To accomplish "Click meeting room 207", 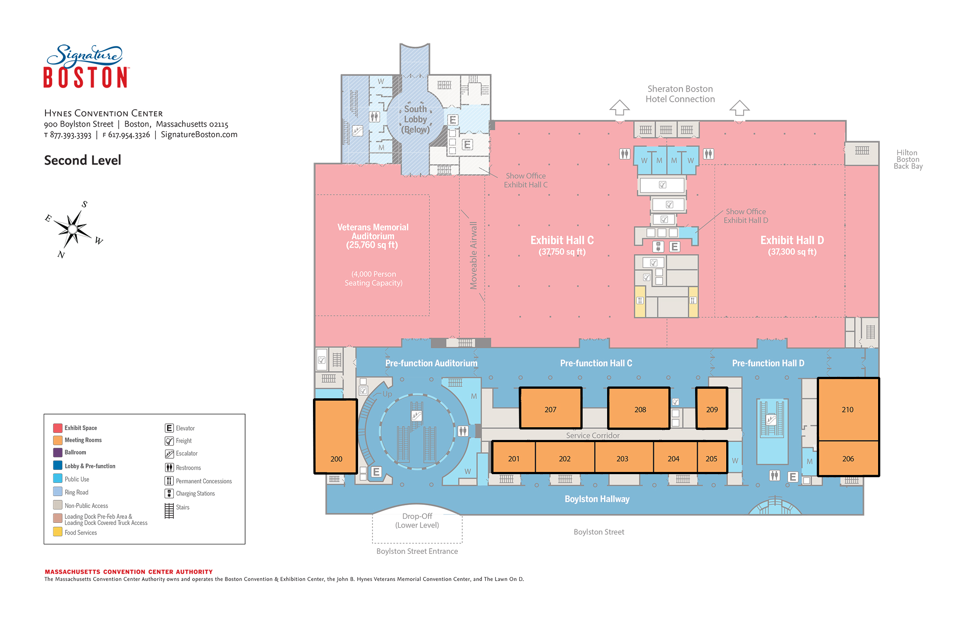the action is coord(551,408).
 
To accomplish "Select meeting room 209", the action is coord(712,408).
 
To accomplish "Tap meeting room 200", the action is coord(336,436).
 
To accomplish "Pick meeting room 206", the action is coord(848,458).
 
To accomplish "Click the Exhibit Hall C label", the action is coord(562,240).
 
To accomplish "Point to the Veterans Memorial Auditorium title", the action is coord(373,231).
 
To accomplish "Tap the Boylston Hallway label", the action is coord(597,499).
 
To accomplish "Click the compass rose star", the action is coord(73,229).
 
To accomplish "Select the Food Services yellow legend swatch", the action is coord(57,532).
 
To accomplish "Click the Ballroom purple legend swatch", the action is coord(57,452).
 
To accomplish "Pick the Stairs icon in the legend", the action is coord(169,511).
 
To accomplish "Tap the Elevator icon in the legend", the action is coord(169,428).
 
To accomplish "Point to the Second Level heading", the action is coord(83,160).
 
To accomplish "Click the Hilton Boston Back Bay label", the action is coord(908,160).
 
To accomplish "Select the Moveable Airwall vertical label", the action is coord(473,255).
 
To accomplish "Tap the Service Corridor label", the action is coord(593,435).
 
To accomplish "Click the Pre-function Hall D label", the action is coord(768,363).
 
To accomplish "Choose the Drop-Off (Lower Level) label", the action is coord(417,521).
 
